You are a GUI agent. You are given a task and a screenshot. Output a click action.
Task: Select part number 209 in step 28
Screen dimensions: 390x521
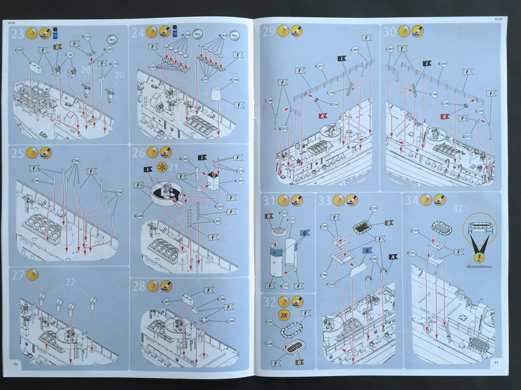(x=231, y=321)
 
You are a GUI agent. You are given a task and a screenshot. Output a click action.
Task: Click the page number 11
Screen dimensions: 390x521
(x=496, y=362)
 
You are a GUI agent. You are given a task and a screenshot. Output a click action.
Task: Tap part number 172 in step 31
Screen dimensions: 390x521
(x=286, y=286)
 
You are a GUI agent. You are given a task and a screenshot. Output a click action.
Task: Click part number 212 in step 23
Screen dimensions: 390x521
(x=87, y=37)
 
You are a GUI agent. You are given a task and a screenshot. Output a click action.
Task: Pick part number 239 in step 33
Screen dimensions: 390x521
(x=374, y=208)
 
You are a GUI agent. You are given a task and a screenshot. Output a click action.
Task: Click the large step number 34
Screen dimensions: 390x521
(x=412, y=200)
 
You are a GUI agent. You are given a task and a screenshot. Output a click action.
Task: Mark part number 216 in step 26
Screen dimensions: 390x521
(x=240, y=170)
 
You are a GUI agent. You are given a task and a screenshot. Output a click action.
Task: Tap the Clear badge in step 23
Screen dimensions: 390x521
(x=112, y=39)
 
